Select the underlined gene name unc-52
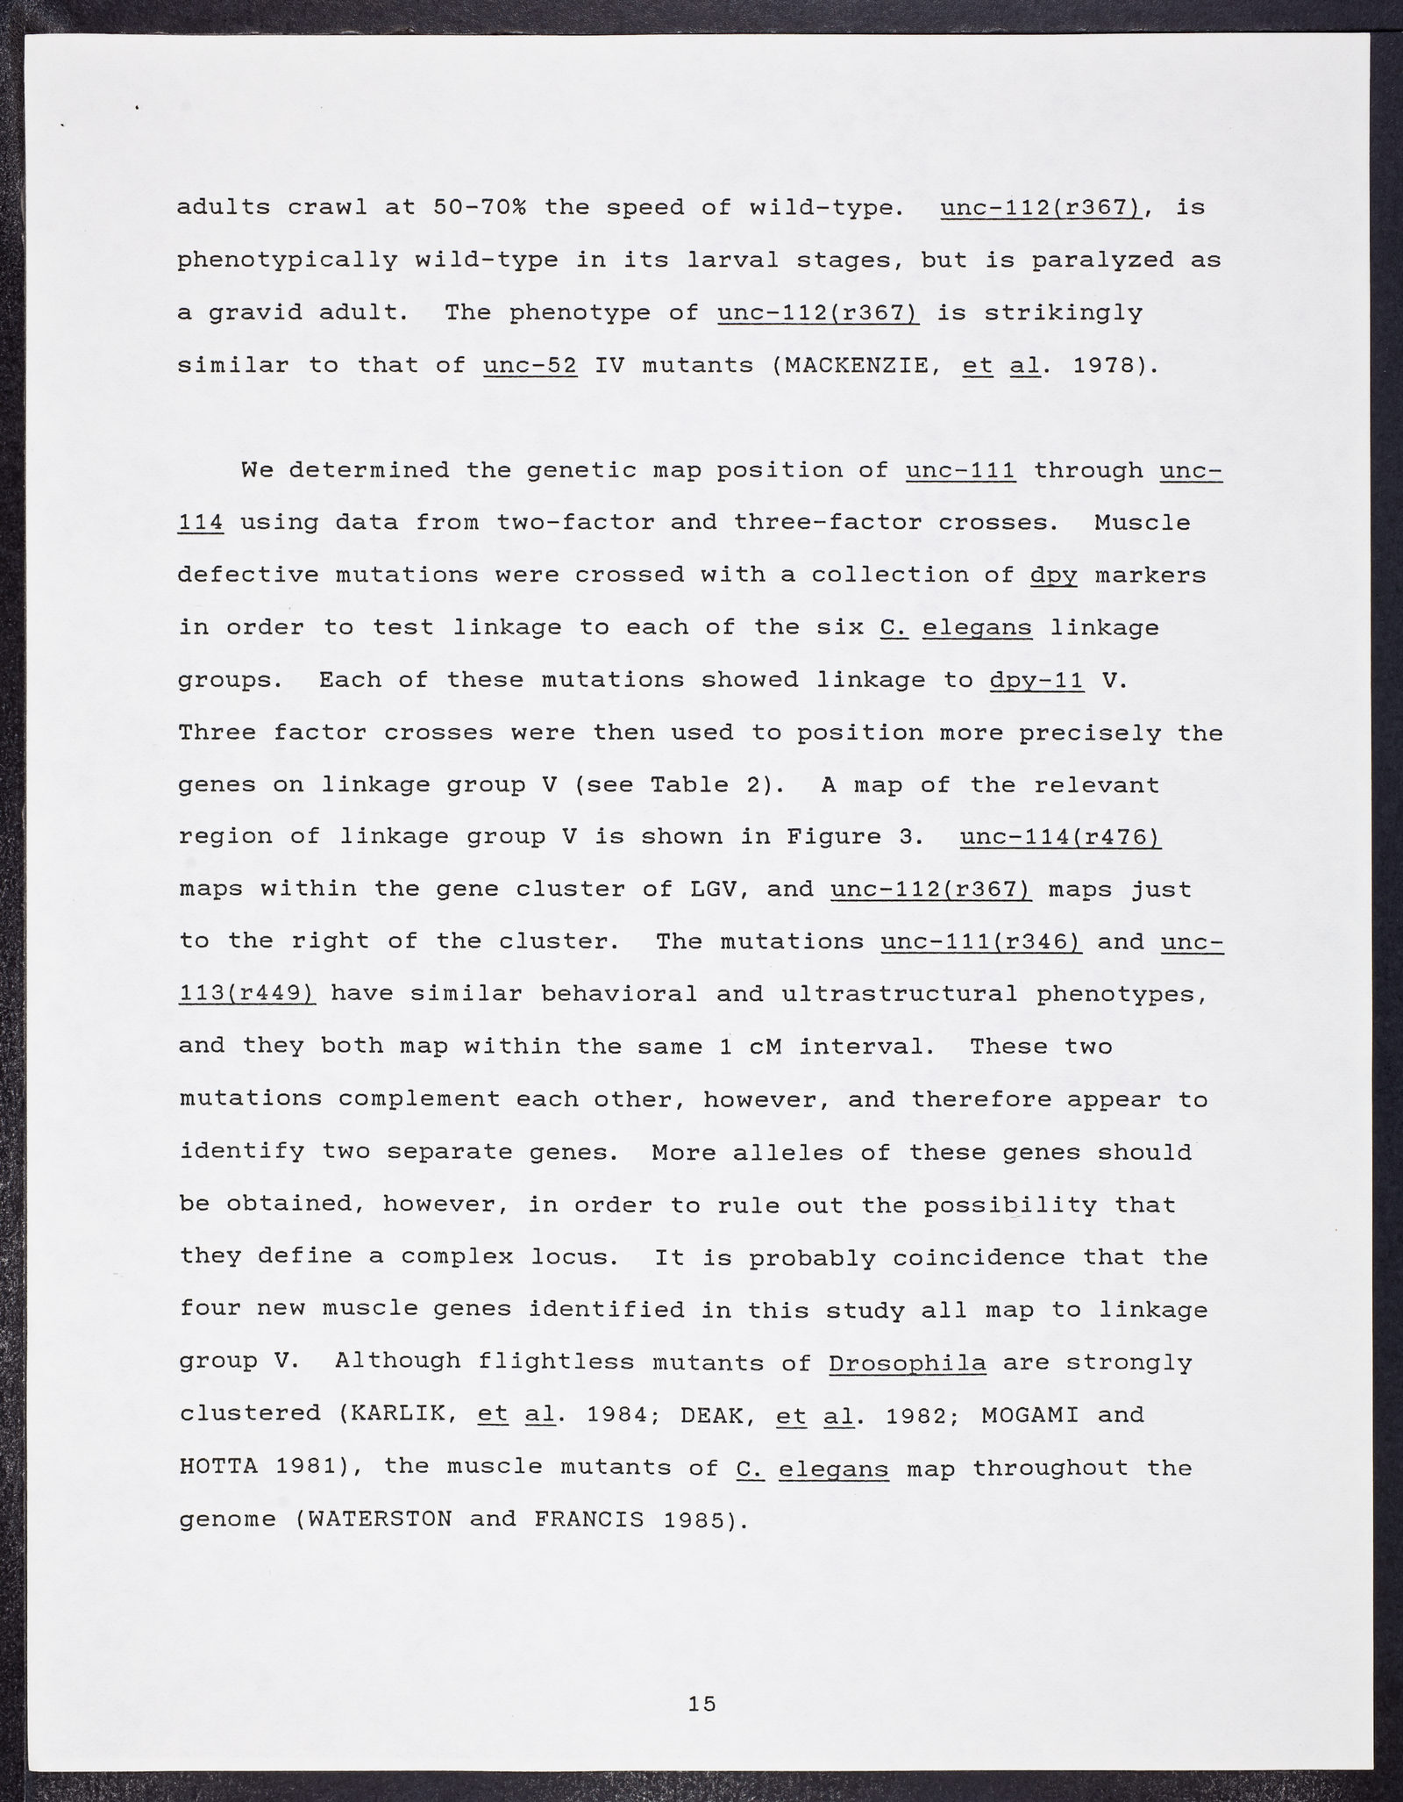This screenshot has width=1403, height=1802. pos(530,365)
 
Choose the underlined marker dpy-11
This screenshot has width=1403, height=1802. pos(1036,680)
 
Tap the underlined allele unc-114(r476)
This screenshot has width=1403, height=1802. pos(1060,837)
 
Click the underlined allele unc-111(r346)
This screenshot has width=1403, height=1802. pos(980,942)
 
